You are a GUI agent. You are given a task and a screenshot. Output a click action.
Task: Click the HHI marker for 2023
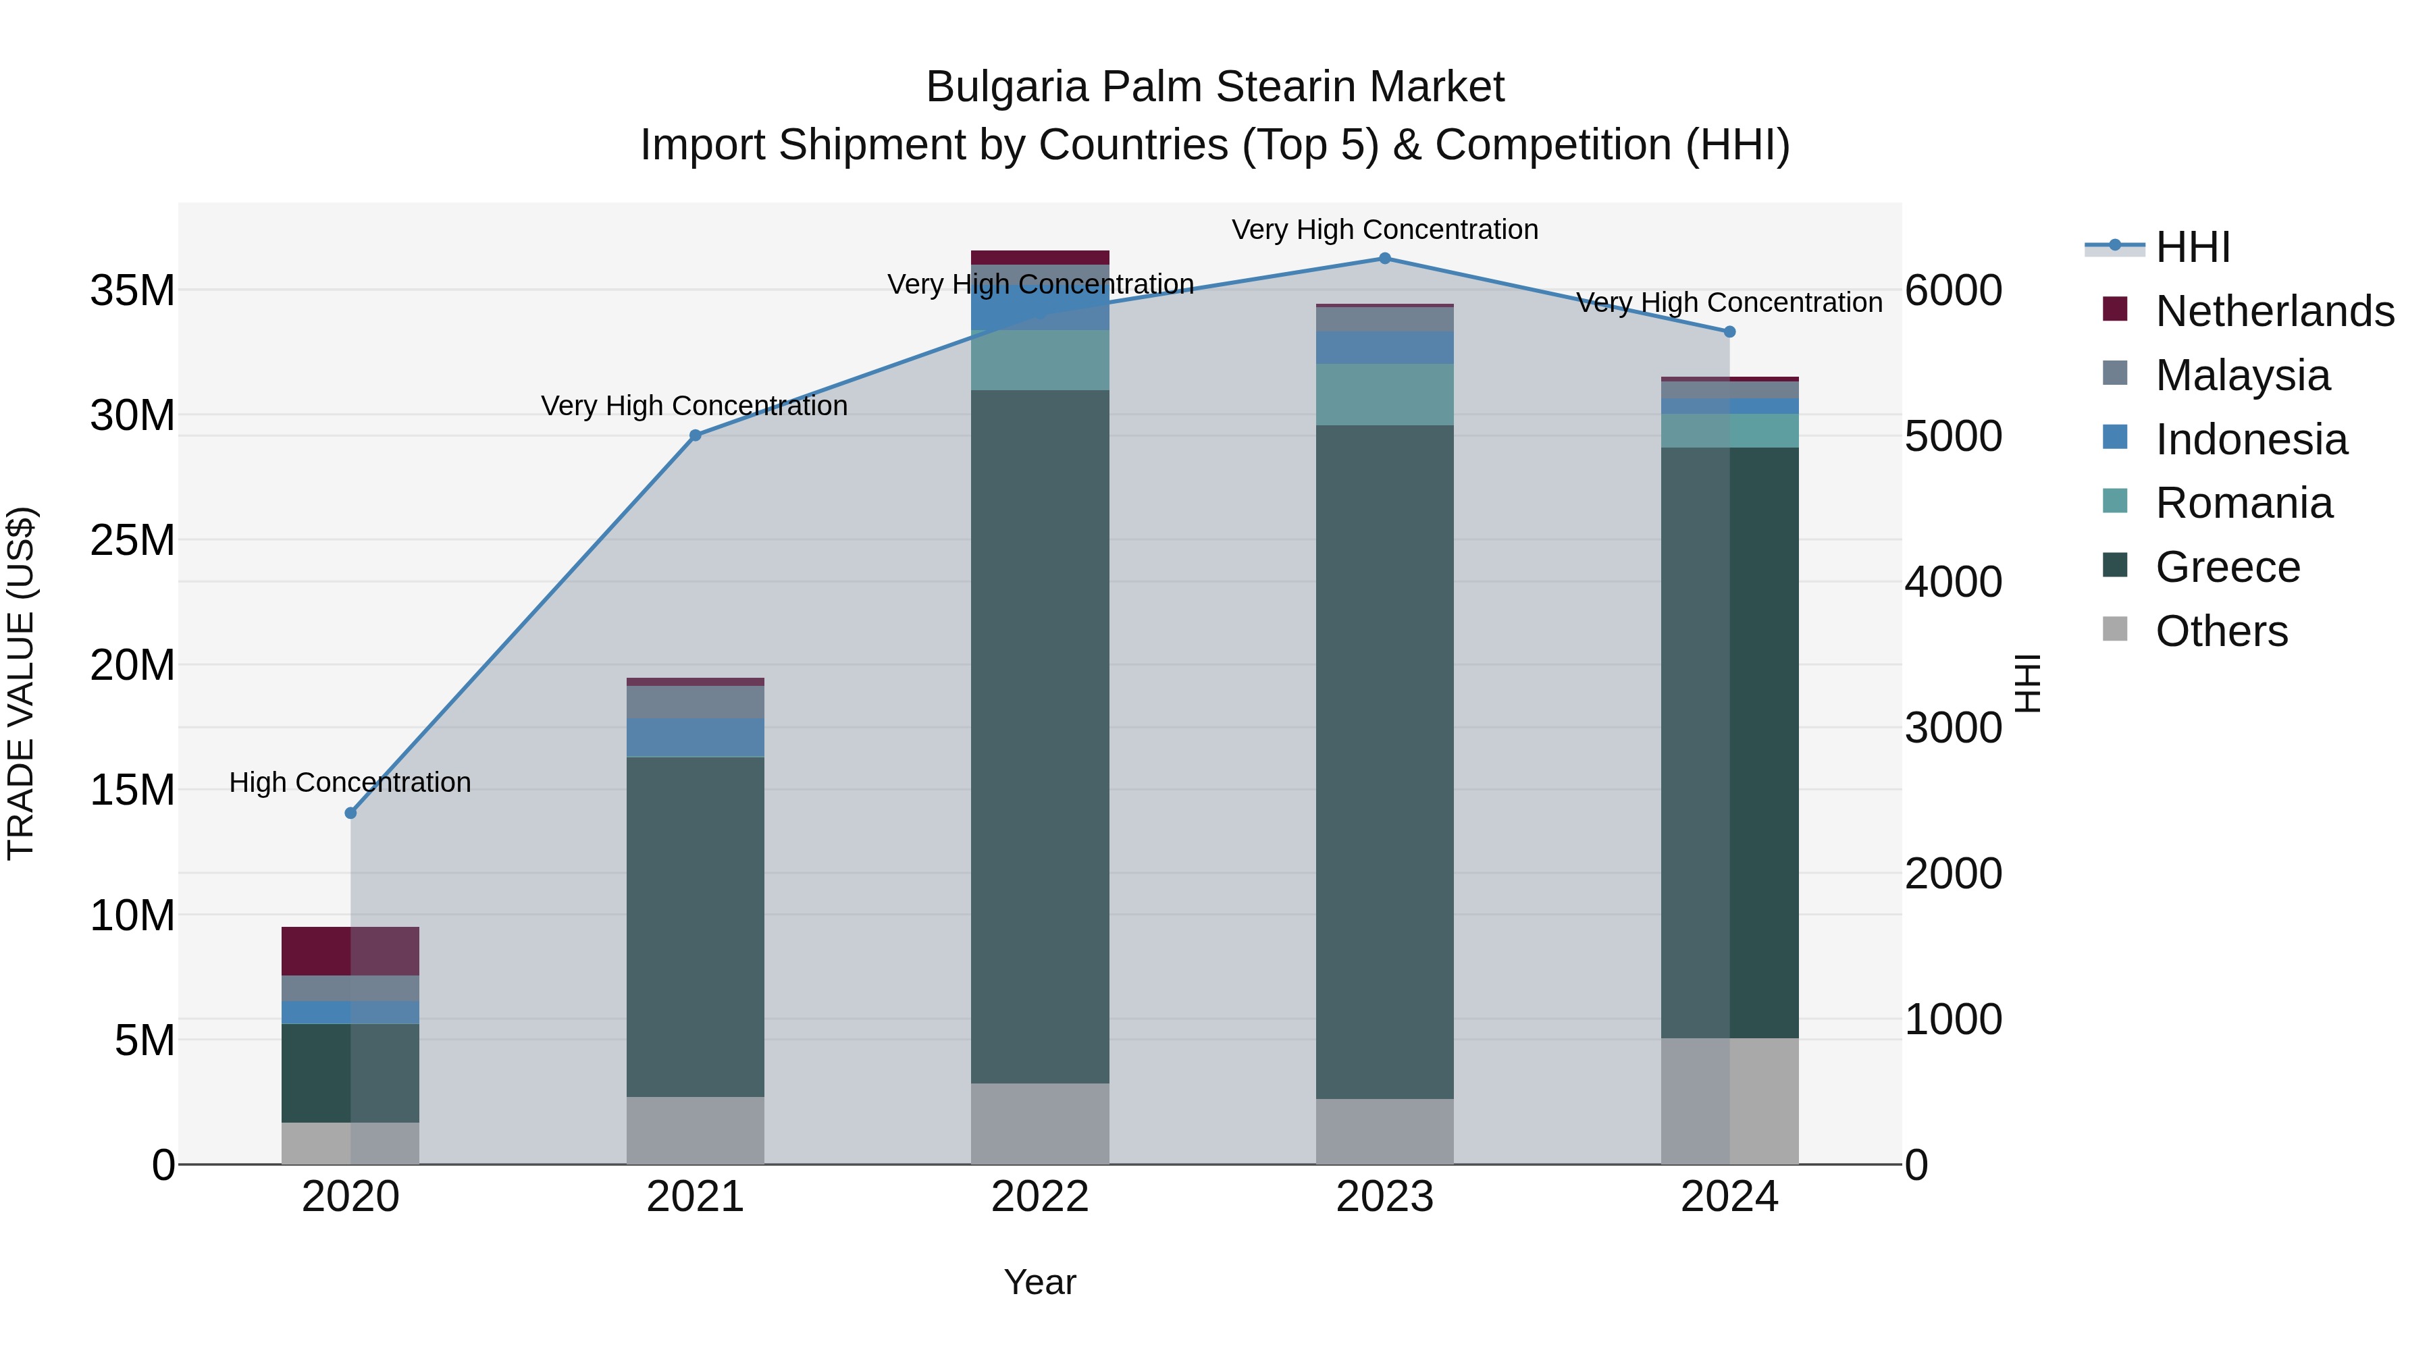1384,259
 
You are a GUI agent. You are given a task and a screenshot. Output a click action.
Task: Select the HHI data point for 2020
350,813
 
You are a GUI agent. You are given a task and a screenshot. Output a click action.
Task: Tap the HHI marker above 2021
696,436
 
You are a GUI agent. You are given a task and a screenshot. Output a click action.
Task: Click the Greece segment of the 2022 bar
1040,736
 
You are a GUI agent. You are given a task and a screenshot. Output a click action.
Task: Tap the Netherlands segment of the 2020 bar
350,951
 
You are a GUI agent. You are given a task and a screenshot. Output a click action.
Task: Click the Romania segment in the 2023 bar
1384,394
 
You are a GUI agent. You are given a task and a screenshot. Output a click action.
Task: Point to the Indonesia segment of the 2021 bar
696,738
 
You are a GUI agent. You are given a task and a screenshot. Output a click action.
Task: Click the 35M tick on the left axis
132,290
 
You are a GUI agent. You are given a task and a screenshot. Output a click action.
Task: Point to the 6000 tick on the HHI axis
1952,290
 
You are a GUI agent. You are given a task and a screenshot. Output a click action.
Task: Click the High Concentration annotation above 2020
350,783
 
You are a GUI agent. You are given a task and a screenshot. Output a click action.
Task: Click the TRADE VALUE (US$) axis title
21,683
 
